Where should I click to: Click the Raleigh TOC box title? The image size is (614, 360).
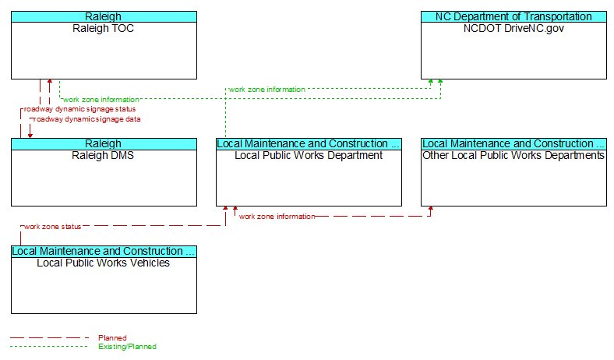point(104,29)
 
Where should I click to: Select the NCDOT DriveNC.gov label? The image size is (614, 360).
point(513,29)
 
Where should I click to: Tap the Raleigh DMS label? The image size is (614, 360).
point(103,156)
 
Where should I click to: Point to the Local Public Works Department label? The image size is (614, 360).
point(309,156)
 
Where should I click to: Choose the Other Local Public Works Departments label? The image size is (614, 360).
point(513,156)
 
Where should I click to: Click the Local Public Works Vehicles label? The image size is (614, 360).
point(104,263)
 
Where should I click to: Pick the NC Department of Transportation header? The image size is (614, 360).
point(513,17)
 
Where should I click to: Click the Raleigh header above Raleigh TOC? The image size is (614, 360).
point(104,17)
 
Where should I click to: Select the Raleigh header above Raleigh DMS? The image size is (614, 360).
point(104,143)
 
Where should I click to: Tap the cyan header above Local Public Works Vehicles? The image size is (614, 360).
point(104,251)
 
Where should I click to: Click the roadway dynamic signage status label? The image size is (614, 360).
point(80,109)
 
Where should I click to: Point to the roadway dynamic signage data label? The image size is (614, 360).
point(87,119)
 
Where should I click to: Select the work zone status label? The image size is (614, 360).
point(52,227)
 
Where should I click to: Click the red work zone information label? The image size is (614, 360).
point(277,217)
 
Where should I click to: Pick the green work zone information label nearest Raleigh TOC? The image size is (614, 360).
point(101,100)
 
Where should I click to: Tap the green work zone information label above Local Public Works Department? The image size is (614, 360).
point(267,90)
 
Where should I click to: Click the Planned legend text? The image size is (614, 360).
point(112,337)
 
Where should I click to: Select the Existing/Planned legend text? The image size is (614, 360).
point(127,346)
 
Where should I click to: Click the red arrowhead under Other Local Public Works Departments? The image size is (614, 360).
point(430,208)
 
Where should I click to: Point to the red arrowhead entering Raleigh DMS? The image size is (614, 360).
point(30,136)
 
